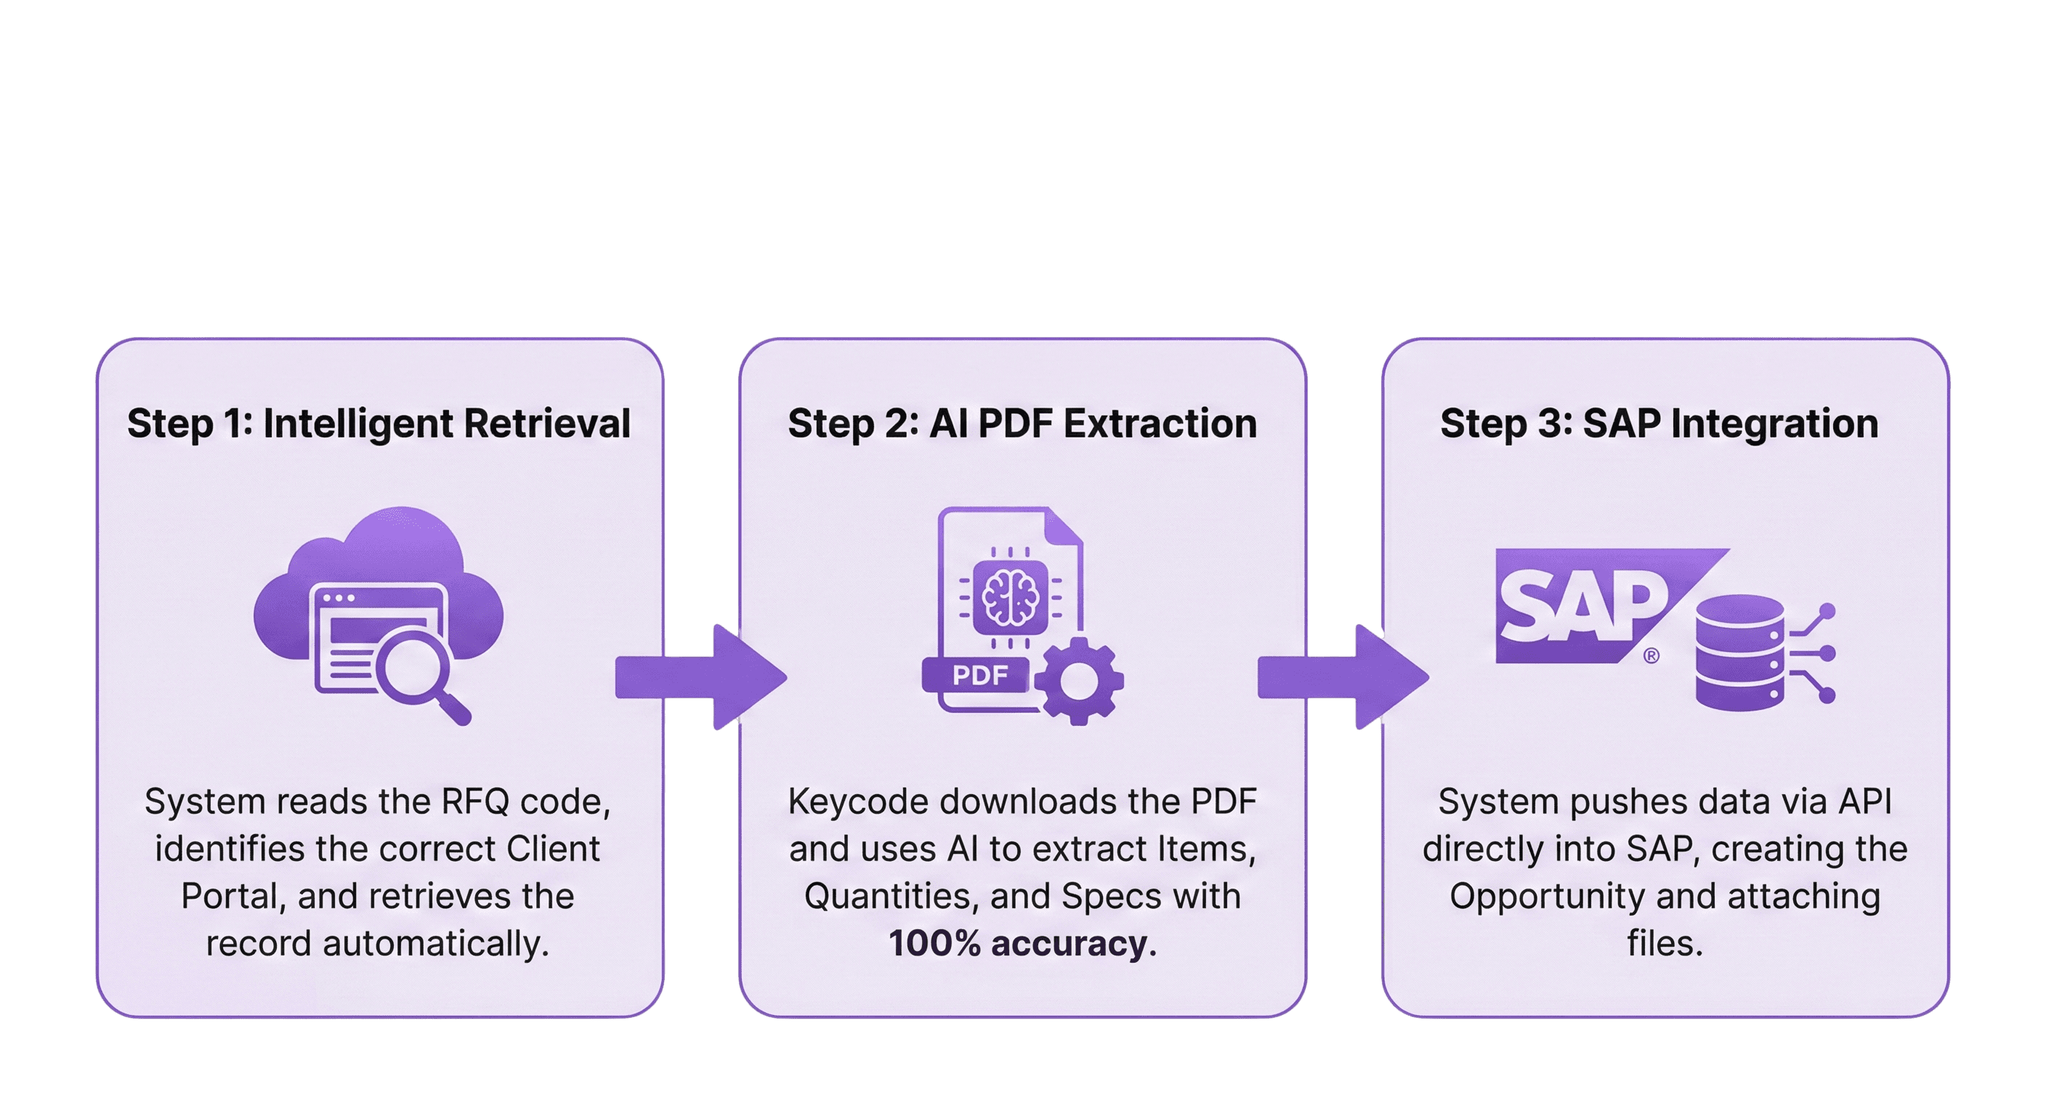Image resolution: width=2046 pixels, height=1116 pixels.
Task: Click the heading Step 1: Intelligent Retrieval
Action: click(379, 424)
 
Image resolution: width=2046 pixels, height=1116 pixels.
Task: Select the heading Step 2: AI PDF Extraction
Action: click(1022, 424)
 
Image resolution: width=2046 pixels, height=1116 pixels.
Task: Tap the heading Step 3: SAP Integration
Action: click(1659, 424)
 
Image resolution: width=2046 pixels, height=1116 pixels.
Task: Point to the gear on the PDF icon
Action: click(1077, 681)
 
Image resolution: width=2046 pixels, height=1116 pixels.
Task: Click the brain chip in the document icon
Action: click(1011, 596)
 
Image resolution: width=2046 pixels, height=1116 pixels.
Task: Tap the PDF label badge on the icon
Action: click(979, 675)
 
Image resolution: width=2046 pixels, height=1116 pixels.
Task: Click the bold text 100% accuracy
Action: click(1017, 944)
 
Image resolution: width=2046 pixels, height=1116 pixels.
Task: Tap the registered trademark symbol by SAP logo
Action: click(1651, 656)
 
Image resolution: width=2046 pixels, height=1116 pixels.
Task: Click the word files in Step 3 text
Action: click(1665, 944)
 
